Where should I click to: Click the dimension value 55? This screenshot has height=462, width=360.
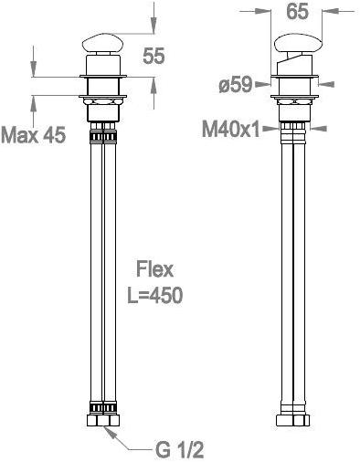point(154,56)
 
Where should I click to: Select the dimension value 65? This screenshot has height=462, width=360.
point(297,12)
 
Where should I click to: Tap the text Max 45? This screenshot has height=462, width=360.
point(33,134)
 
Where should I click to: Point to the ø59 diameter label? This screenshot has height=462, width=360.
point(236,84)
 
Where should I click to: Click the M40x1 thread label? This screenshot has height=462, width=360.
point(231,130)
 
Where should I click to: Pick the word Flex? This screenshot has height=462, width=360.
point(154,269)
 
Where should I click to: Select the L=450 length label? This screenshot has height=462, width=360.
point(154,295)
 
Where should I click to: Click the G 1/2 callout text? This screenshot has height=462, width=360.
point(179,449)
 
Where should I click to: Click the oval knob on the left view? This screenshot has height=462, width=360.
point(102,43)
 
